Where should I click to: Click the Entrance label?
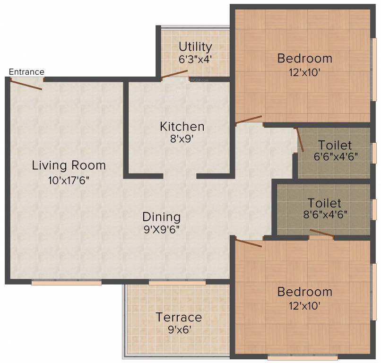[27, 72]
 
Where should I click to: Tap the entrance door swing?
[26, 84]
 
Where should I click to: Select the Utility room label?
[195, 47]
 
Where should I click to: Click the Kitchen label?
[182, 127]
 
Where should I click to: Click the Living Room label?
[69, 166]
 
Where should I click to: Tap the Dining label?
[162, 217]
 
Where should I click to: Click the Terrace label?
[179, 317]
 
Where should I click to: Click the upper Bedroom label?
[304, 59]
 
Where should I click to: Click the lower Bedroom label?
[304, 292]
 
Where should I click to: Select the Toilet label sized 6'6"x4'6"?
[335, 145]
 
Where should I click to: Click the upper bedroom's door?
[248, 120]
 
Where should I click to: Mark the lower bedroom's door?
[248, 243]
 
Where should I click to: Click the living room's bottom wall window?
[67, 283]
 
